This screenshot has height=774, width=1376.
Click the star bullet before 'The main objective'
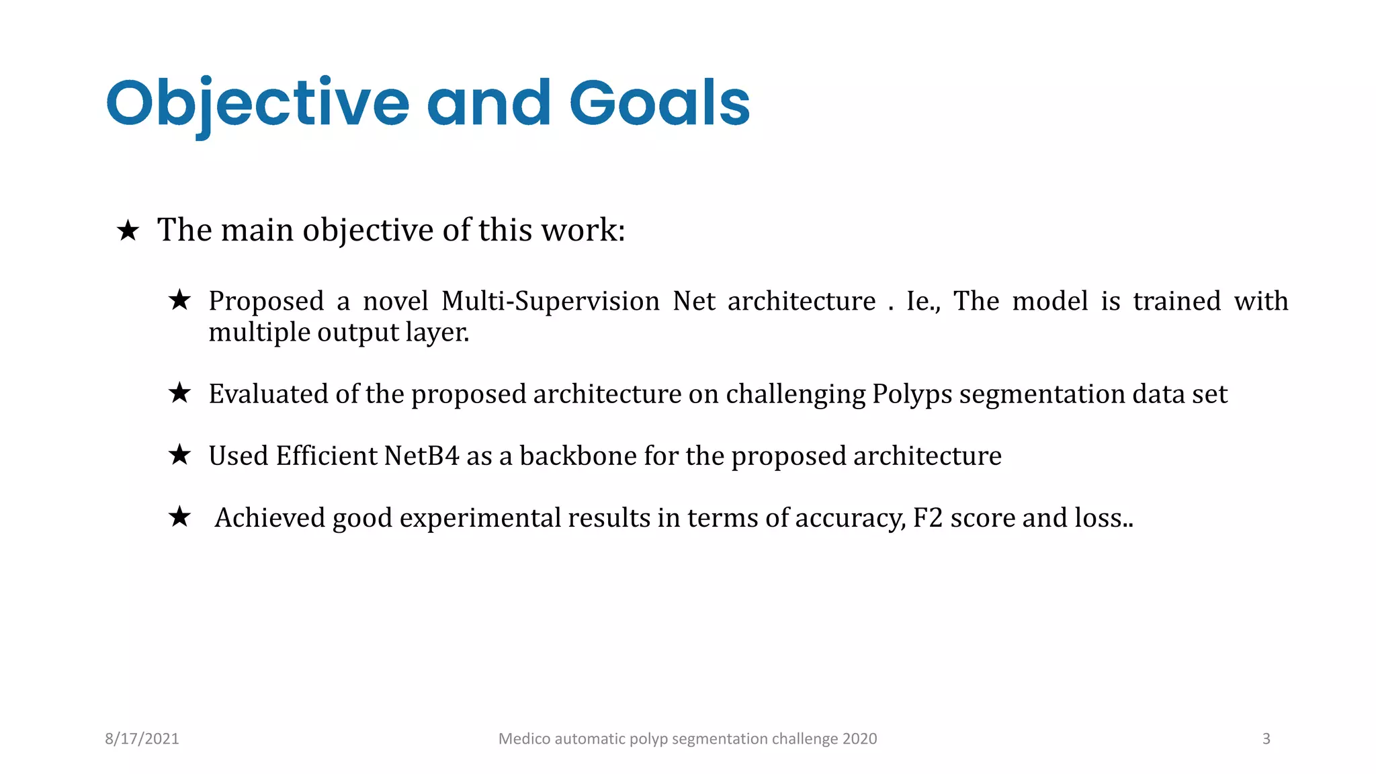[128, 231]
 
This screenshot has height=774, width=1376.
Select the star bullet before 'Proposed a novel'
[179, 300]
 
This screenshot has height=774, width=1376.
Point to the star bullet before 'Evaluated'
[179, 393]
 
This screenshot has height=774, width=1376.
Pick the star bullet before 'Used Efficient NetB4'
[179, 455]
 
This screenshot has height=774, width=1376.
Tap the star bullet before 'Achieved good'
[179, 517]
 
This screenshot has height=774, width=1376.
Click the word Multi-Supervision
[550, 301]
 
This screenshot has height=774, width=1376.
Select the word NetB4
[421, 456]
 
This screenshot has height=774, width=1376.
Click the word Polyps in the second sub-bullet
[912, 394]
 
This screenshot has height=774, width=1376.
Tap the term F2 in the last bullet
[928, 518]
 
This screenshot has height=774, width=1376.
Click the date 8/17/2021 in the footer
[142, 738]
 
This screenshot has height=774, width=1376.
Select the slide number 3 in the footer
[1266, 738]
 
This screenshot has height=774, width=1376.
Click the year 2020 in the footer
[859, 738]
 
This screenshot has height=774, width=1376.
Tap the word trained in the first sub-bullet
[1176, 301]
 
